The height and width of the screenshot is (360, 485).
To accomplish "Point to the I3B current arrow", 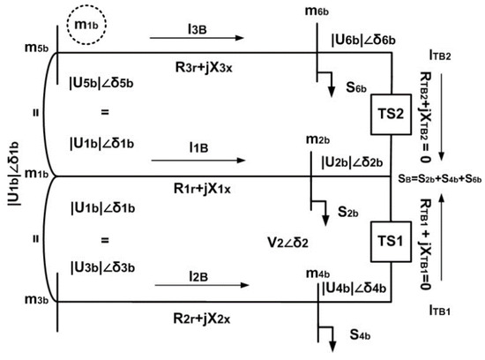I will [198, 38].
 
